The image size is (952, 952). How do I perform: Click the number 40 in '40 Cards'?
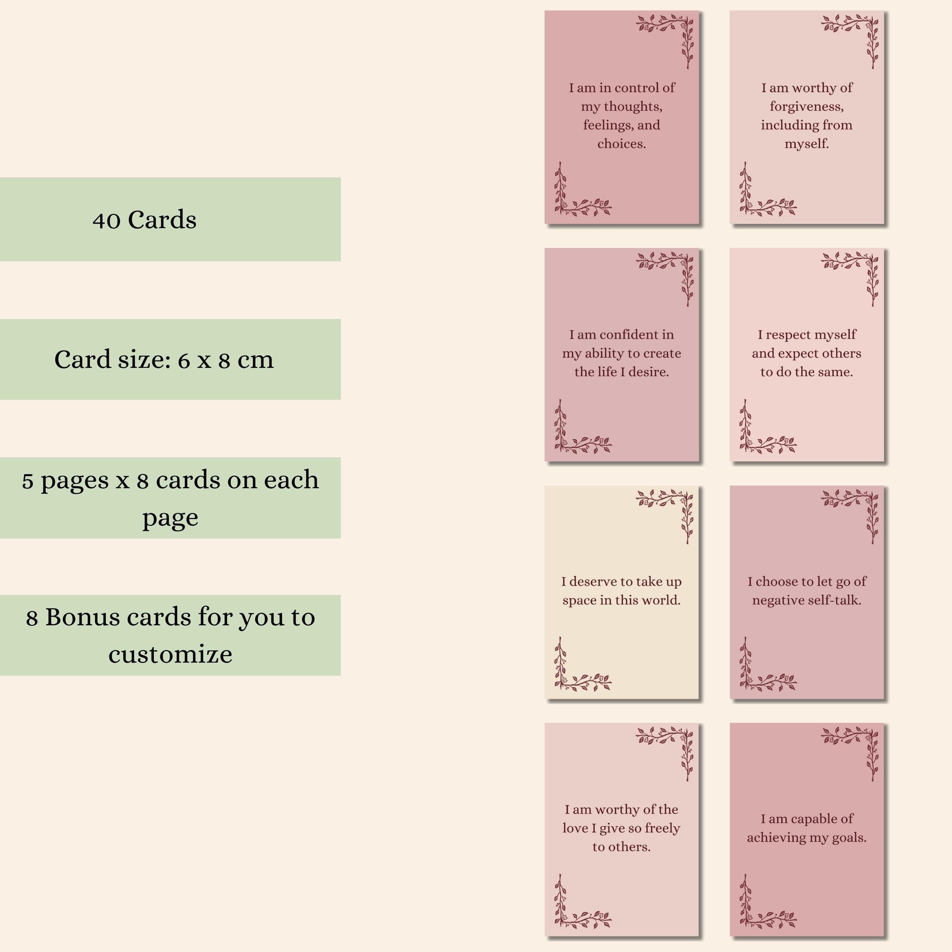[x=106, y=220]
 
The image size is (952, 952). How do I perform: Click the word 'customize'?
[x=171, y=654]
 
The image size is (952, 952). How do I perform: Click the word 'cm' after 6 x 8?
[x=256, y=360]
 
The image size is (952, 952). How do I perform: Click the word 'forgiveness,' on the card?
[x=807, y=107]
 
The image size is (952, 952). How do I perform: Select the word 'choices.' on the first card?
[x=621, y=144]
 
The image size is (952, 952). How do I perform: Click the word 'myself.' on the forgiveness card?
[x=807, y=144]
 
